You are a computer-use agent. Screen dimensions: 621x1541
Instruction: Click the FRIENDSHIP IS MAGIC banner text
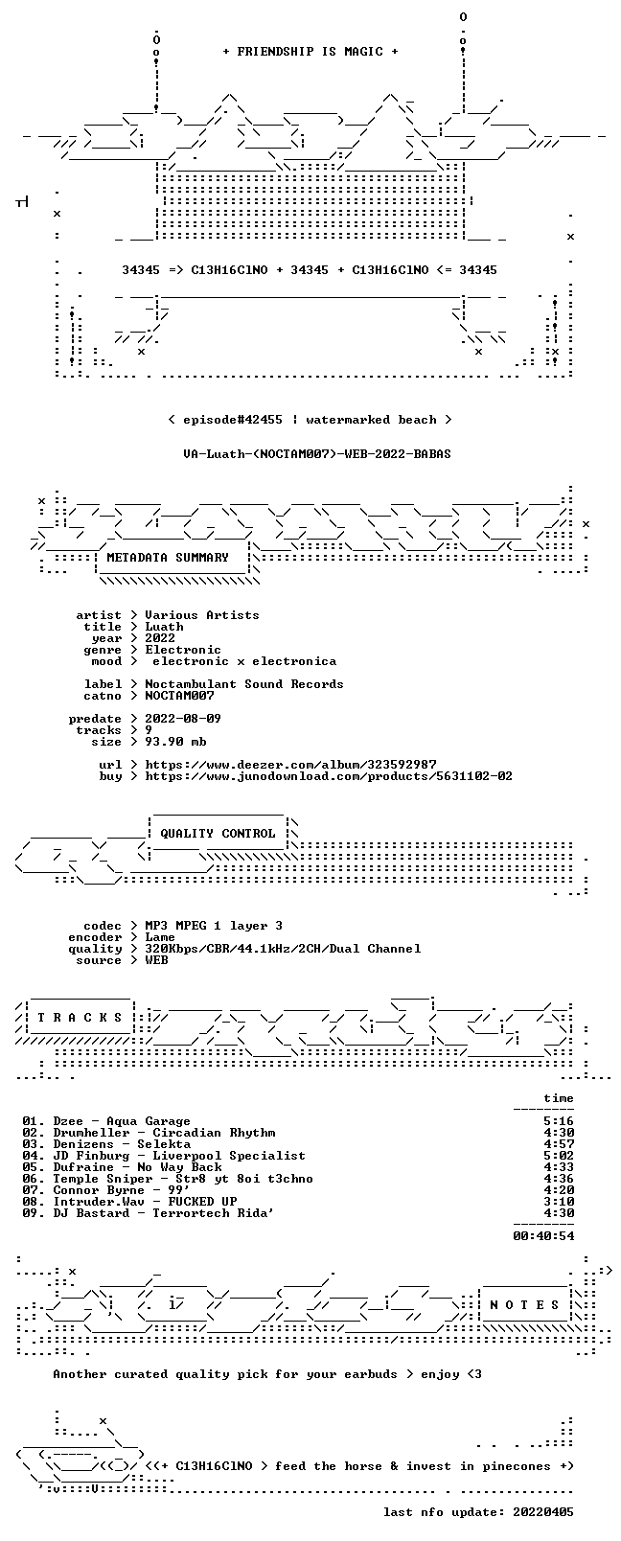click(310, 52)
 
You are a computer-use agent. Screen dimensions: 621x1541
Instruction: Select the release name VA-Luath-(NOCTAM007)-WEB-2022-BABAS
click(317, 454)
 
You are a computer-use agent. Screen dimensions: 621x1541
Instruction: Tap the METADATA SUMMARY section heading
click(168, 557)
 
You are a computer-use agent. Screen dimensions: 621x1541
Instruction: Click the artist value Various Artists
click(202, 615)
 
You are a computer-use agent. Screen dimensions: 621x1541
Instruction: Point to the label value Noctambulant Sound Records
click(244, 684)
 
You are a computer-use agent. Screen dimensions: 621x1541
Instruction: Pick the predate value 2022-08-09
click(183, 718)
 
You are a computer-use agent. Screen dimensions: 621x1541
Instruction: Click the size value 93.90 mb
click(175, 742)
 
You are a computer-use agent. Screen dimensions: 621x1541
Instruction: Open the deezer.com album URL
click(290, 765)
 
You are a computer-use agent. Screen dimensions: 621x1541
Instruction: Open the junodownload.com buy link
click(329, 776)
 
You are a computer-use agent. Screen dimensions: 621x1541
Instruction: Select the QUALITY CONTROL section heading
click(218, 833)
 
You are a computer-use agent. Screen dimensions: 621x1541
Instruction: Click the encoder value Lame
click(160, 937)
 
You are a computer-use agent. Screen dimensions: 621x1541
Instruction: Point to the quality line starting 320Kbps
click(283, 949)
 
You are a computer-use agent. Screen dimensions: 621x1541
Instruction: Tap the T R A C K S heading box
click(80, 1018)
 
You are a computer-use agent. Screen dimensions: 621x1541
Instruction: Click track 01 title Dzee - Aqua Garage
click(122, 1120)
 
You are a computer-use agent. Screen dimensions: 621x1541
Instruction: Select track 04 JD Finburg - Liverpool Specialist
click(179, 1155)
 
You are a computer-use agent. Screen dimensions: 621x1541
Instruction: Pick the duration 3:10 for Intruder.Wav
click(559, 1201)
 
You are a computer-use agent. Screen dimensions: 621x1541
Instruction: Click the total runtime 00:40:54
click(543, 1235)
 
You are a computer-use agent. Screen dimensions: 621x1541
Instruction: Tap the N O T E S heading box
click(525, 1305)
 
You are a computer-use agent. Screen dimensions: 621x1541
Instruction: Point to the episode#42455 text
click(233, 420)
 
